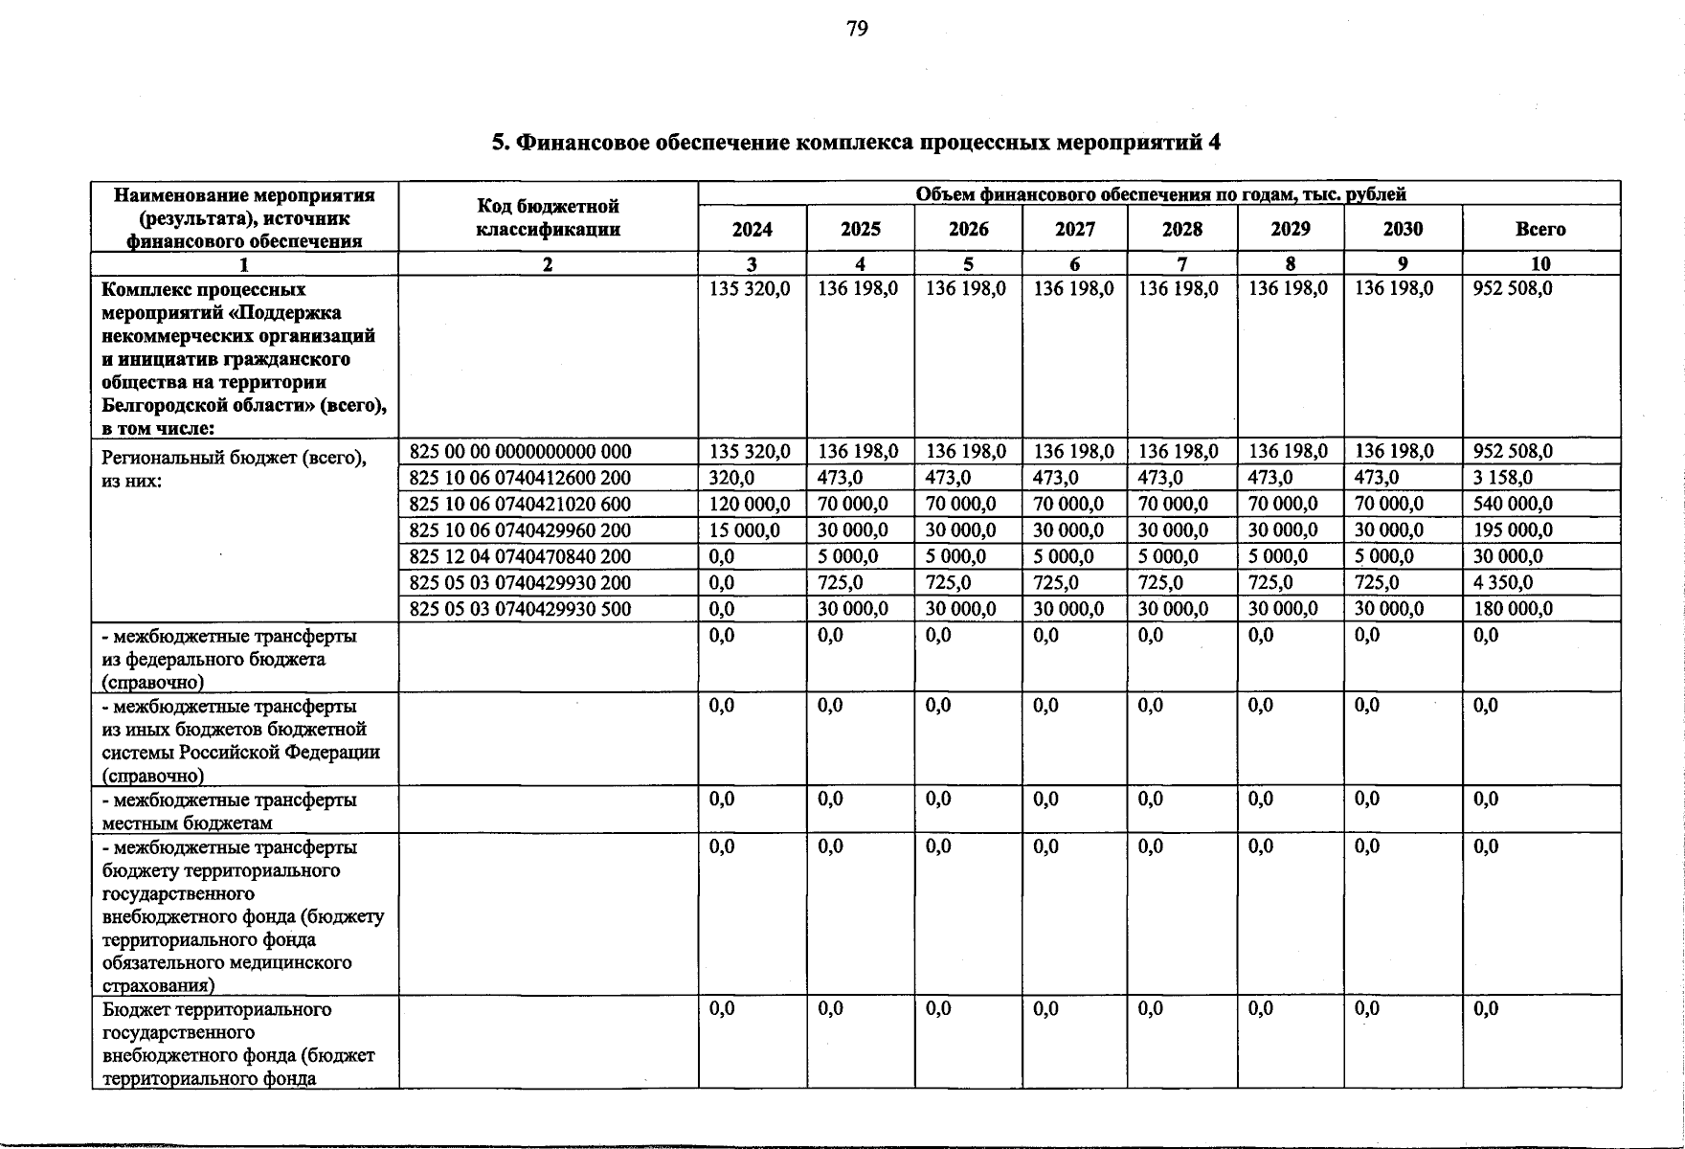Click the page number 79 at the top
click(857, 30)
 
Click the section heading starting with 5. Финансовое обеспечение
click(856, 144)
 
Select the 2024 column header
click(752, 230)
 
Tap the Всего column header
click(1540, 230)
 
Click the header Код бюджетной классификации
click(548, 218)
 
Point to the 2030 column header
click(1403, 230)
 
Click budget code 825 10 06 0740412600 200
click(520, 478)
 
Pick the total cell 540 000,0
click(1513, 504)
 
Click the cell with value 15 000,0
click(745, 530)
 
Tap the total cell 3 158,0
click(1503, 478)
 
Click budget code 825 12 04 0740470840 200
click(520, 556)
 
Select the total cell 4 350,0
click(1503, 583)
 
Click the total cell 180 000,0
click(1513, 609)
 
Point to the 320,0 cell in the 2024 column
click(731, 478)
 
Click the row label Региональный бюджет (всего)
click(234, 458)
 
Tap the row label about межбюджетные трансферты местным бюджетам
click(230, 811)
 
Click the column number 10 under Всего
click(1540, 264)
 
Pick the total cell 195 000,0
click(1513, 530)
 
